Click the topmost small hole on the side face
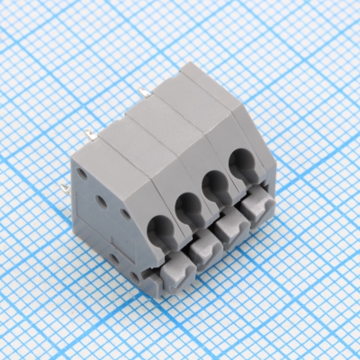click(82, 172)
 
